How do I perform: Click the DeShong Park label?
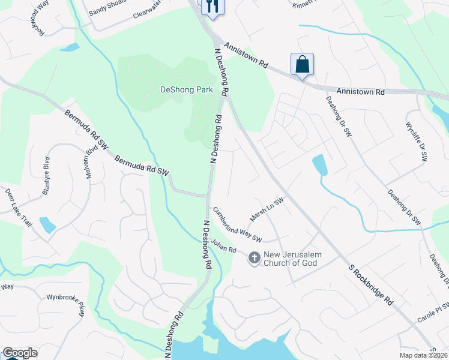click(x=186, y=90)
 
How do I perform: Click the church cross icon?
click(x=254, y=257)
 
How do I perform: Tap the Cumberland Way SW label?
click(x=238, y=225)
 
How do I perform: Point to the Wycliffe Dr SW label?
click(x=416, y=142)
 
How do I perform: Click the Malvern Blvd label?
click(x=91, y=161)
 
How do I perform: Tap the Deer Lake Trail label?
click(x=18, y=207)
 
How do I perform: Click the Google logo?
click(x=20, y=353)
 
